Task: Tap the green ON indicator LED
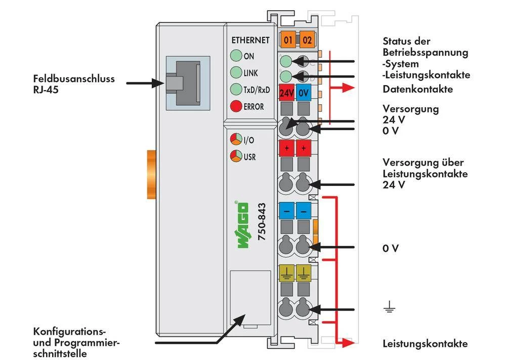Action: [236, 57]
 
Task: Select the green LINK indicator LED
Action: [236, 73]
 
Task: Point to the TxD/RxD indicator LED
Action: [236, 90]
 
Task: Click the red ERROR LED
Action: [236, 106]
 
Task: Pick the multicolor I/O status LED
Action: [236, 139]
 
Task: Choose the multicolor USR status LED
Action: [236, 156]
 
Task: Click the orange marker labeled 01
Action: [288, 40]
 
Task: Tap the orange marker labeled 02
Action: [306, 40]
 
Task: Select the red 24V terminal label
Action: [287, 93]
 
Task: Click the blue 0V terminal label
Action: [304, 93]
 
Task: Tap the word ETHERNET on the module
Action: [250, 41]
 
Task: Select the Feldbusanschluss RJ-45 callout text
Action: [74, 84]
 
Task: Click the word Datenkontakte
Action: [417, 90]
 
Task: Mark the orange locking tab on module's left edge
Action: [151, 175]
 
